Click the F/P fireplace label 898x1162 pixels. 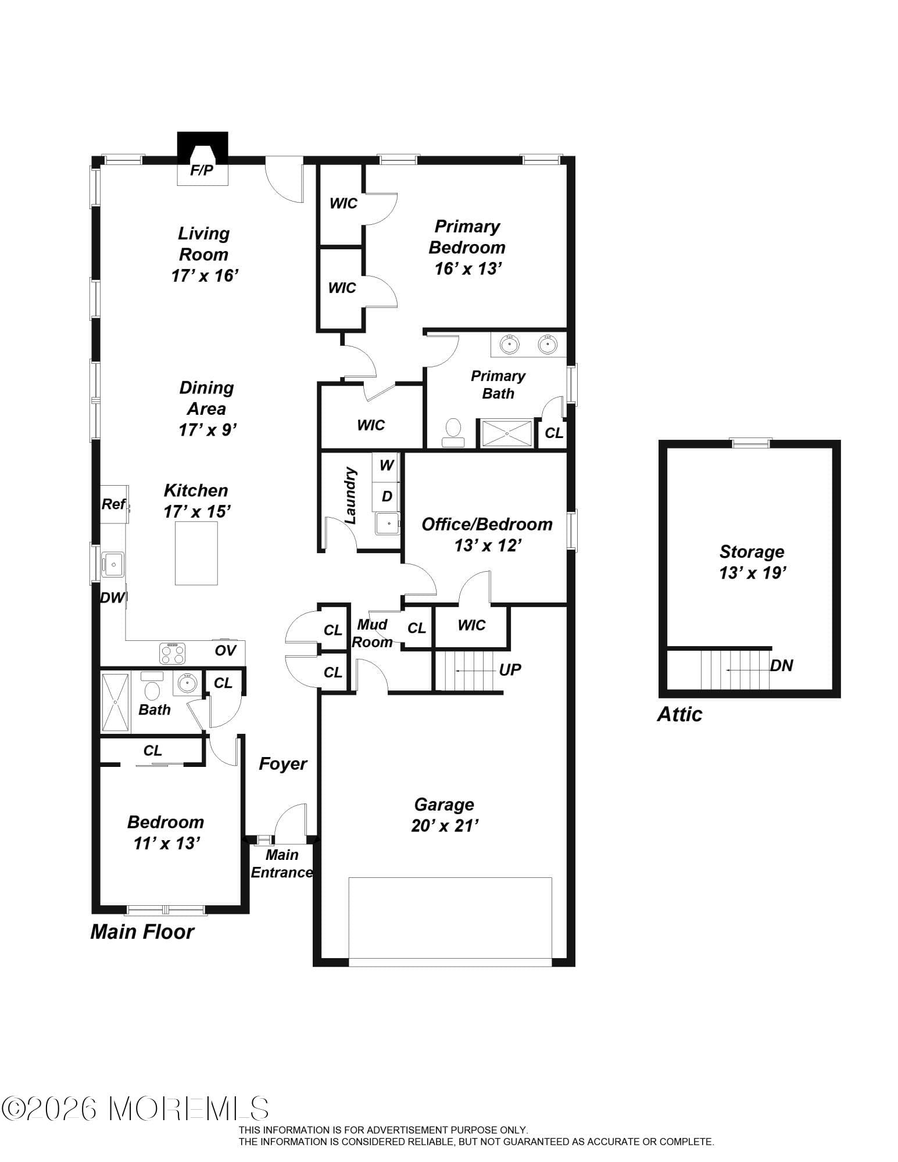click(x=202, y=171)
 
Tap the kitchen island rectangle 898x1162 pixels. click(x=196, y=553)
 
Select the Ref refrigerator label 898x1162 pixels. click(x=113, y=504)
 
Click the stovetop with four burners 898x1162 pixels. click(x=173, y=653)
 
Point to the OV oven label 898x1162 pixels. click(x=226, y=650)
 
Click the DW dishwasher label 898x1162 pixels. click(x=112, y=597)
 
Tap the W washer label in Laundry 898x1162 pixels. click(x=387, y=465)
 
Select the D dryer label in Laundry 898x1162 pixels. click(x=387, y=496)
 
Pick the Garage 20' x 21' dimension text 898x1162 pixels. click(x=444, y=826)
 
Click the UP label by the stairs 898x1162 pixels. click(x=510, y=670)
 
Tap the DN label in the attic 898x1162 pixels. click(x=781, y=666)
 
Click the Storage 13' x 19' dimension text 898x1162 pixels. click(x=752, y=573)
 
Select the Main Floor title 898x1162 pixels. click(x=142, y=932)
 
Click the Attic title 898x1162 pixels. click(x=679, y=714)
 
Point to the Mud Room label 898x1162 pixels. click(x=372, y=633)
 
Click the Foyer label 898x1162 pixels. click(x=282, y=763)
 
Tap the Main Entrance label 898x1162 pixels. click(x=282, y=864)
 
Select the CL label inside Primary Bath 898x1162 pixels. click(x=554, y=433)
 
